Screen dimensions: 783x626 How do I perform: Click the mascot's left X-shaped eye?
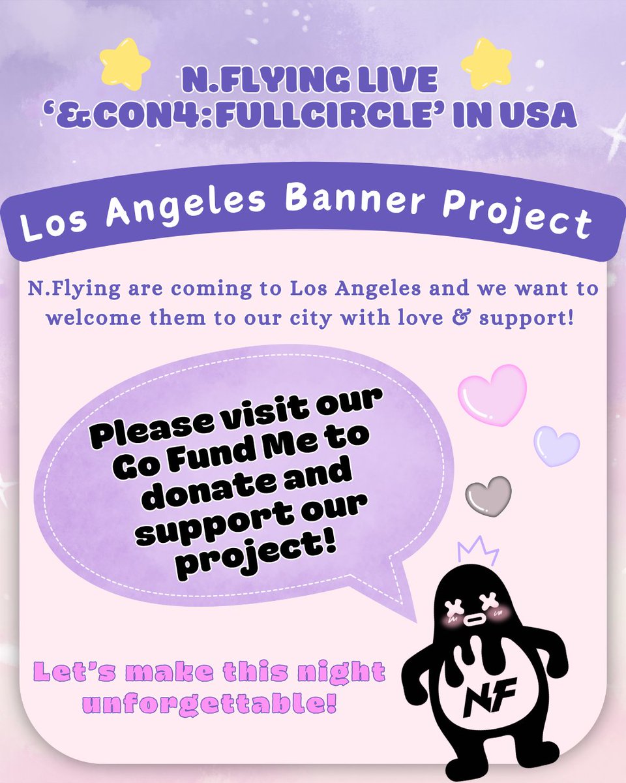coord(451,606)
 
